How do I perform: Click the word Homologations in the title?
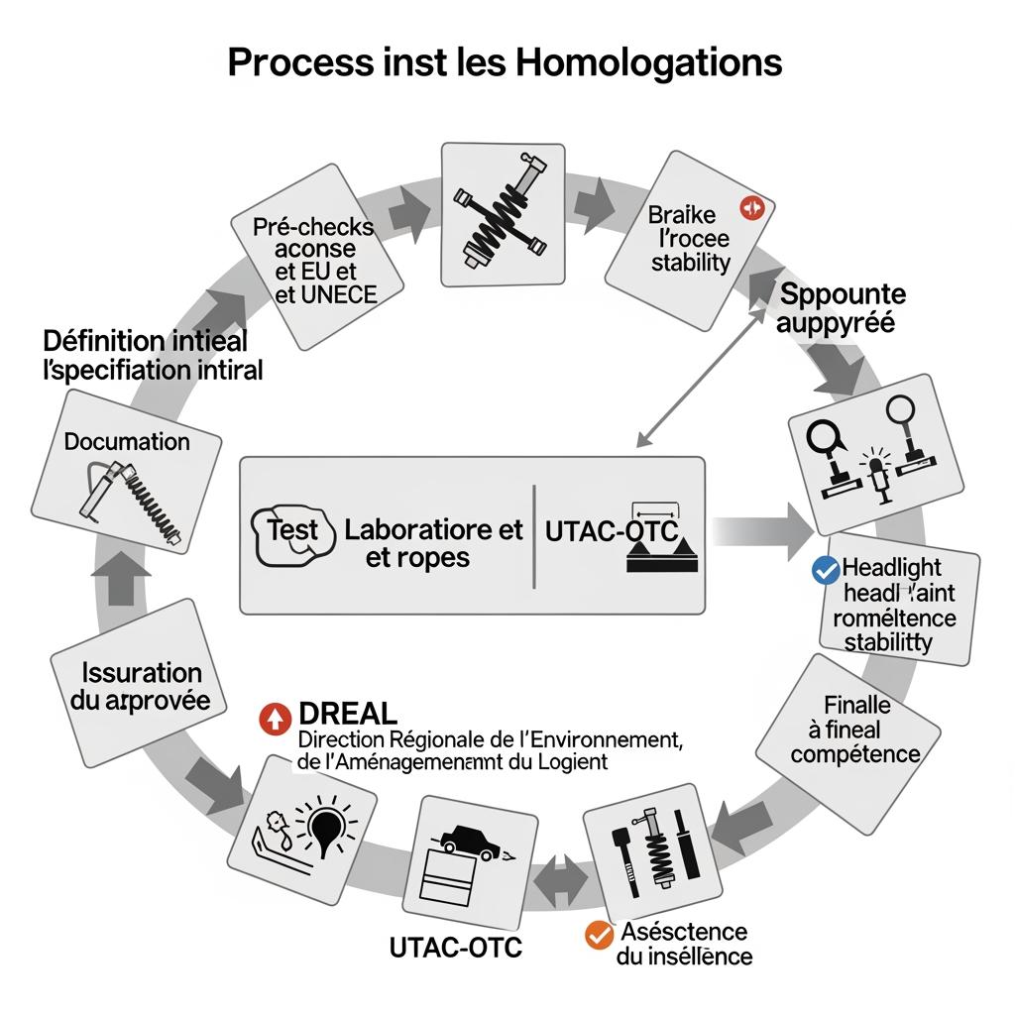tap(648, 62)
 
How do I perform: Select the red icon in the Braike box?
tap(750, 208)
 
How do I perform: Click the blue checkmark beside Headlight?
tap(825, 570)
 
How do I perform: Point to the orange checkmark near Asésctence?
tap(598, 934)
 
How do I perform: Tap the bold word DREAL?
tap(347, 713)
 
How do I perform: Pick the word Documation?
tap(127, 441)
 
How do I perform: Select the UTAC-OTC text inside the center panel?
tap(612, 531)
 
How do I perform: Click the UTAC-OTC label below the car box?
tap(455, 948)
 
